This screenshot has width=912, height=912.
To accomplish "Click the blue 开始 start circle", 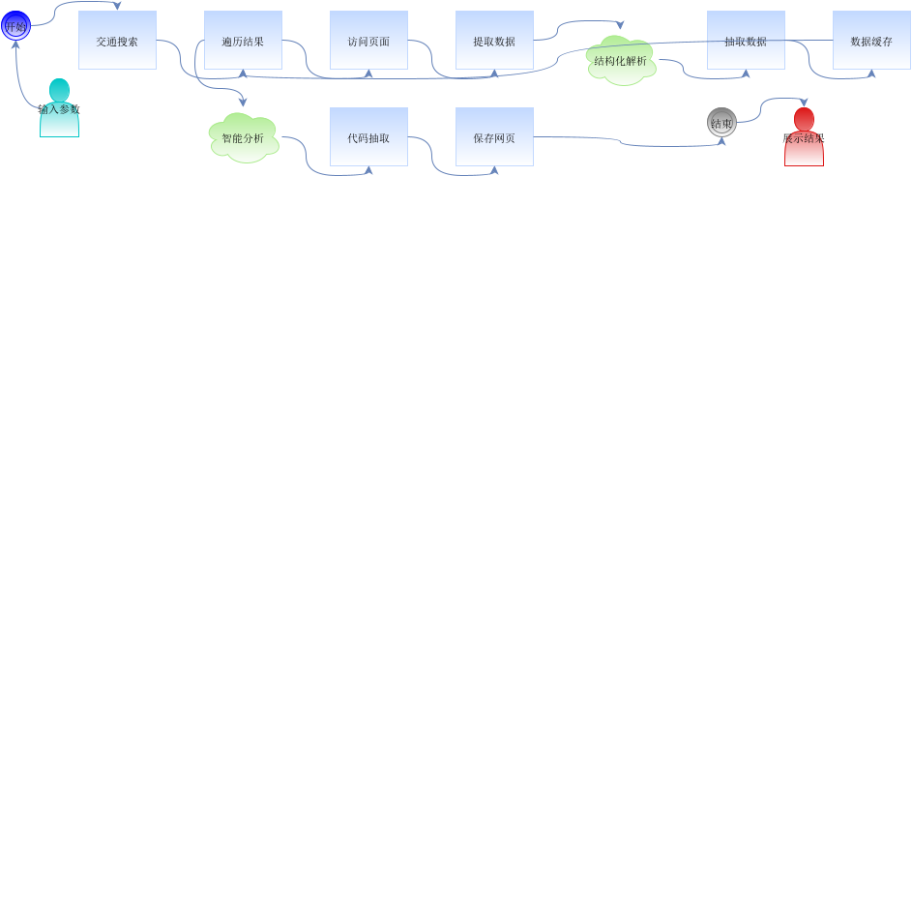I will (15, 26).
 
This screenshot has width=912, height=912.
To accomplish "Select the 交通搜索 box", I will (117, 41).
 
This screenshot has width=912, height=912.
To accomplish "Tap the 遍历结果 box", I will (243, 41).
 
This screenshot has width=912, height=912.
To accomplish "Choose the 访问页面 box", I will (368, 41).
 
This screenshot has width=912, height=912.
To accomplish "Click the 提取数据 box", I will (494, 41).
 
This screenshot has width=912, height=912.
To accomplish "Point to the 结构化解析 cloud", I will (621, 60).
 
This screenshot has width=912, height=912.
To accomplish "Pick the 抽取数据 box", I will (746, 41).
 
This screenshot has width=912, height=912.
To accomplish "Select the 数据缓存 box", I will (871, 41).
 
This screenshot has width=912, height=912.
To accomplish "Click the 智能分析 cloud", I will (243, 137).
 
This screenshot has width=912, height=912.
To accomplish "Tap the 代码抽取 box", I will (368, 137).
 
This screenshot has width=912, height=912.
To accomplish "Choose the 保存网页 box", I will (494, 137).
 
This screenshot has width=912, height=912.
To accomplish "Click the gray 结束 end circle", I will (721, 123).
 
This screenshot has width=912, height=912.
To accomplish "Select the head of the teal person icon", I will (59, 90).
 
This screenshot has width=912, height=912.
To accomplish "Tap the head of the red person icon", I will (804, 119).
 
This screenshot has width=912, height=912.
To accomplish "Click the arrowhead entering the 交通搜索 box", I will (118, 7).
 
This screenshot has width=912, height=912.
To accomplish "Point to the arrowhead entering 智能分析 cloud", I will (243, 102).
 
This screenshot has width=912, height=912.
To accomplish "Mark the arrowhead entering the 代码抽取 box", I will (368, 170).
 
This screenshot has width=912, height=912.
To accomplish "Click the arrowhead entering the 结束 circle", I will (721, 141).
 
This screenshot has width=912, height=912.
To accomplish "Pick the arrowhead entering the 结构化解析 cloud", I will (620, 26).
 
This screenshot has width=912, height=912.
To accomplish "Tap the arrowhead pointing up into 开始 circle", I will (15, 44).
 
